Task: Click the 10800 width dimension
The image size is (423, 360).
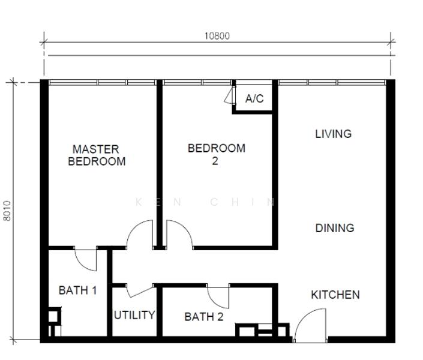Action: point(217,36)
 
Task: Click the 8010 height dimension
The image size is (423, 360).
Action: point(7,211)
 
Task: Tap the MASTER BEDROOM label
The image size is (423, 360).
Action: point(97,155)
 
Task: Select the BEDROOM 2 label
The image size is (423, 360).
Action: point(217,154)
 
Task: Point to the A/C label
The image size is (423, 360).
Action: point(254,98)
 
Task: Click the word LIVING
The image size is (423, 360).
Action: point(334,134)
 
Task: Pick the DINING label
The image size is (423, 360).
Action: point(335,228)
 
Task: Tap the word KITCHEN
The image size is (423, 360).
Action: point(335,295)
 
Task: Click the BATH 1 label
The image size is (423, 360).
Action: point(77,290)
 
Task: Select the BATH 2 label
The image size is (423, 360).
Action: point(204,317)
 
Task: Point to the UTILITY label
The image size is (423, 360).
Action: point(134,315)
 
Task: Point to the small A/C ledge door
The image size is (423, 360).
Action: point(229,95)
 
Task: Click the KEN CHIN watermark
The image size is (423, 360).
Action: point(206,202)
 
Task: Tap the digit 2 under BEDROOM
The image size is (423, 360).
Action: point(215,161)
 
